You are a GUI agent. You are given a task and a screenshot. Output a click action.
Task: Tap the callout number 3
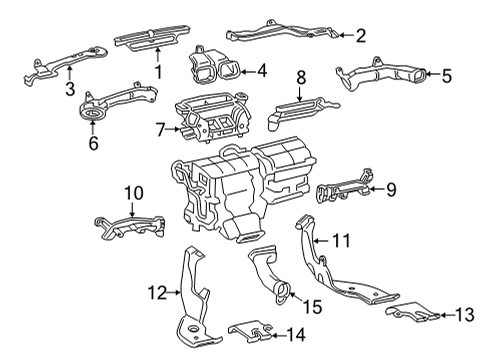point(69,91)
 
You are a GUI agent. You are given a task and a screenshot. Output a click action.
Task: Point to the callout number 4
point(261,71)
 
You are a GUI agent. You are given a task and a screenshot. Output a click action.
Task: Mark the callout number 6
point(93,143)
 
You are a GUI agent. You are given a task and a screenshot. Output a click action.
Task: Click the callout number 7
point(161,130)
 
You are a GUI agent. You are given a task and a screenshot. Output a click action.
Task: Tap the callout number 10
point(133,191)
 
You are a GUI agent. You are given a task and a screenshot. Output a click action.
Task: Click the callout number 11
point(343,240)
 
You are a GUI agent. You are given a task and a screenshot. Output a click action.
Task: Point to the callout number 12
point(155,292)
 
